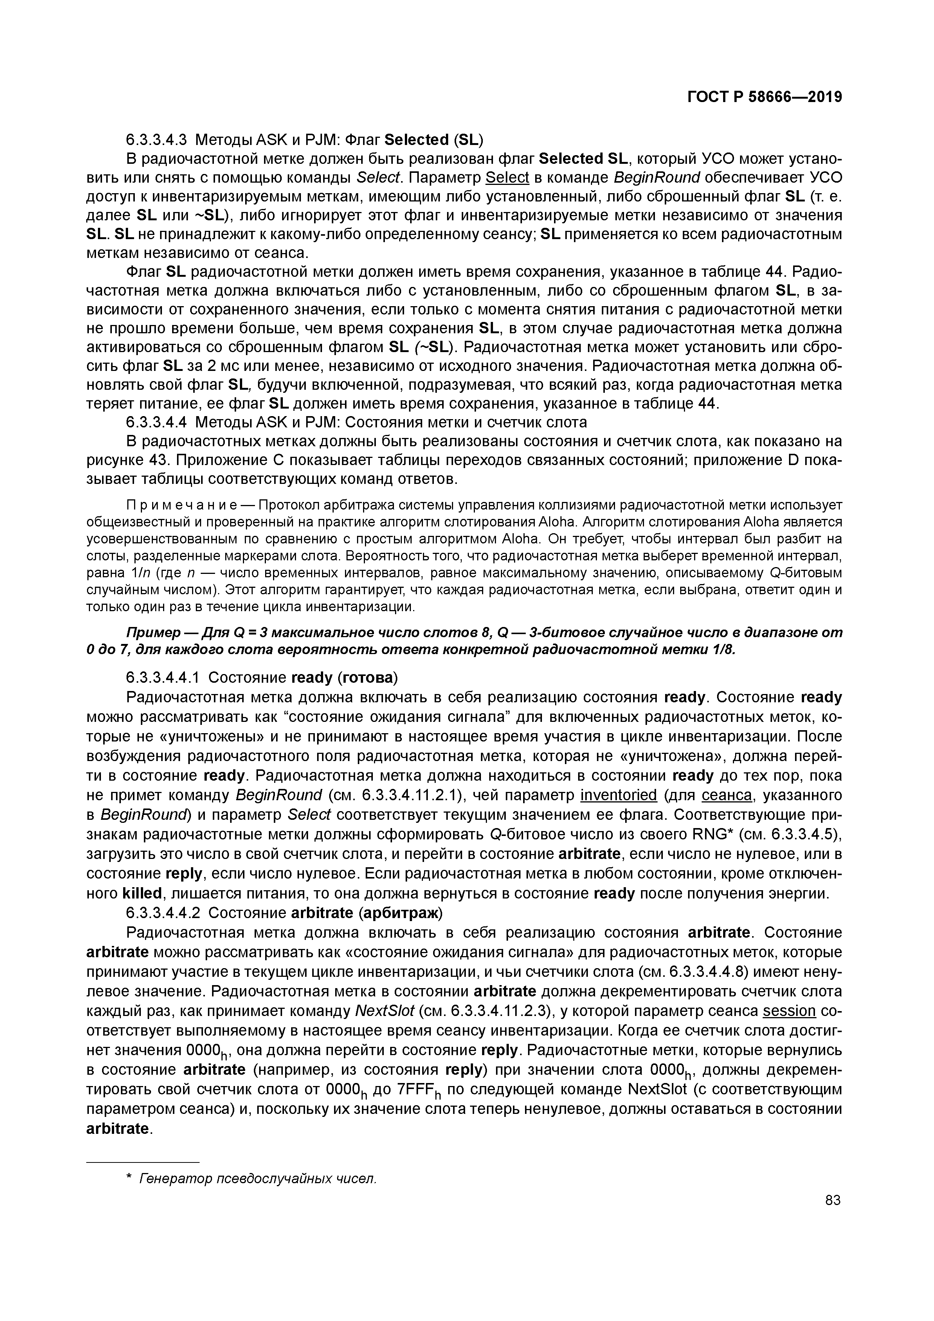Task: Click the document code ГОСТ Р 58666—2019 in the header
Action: [x=764, y=97]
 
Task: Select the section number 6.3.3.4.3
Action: [x=157, y=140]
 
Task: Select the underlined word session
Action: [x=789, y=1011]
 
